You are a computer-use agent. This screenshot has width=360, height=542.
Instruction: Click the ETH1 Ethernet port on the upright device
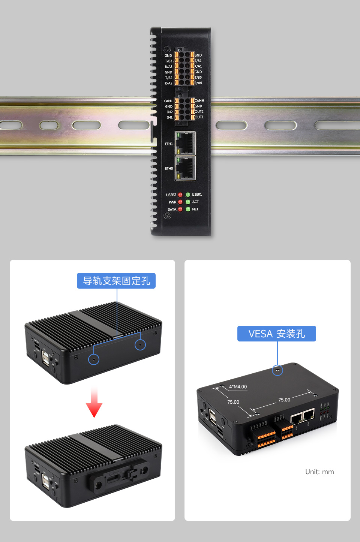185,143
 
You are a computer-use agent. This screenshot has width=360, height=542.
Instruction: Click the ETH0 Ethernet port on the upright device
185,168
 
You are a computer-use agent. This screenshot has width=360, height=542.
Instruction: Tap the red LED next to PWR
180,202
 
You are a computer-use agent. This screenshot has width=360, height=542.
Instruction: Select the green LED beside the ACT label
188,202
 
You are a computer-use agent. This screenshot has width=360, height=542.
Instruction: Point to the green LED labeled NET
188,209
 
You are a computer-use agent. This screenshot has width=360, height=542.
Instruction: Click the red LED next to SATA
180,209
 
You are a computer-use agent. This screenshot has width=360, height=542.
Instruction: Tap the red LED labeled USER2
180,195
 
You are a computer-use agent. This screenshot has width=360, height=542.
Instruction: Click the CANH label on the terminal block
199,100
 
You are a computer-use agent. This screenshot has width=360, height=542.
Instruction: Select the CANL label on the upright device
168,101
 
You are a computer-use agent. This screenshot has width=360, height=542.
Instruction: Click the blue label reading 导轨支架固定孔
116,281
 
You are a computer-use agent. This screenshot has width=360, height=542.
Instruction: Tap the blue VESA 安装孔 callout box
276,334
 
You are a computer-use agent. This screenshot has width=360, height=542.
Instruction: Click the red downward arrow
94,404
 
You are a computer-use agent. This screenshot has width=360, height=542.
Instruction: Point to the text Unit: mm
319,472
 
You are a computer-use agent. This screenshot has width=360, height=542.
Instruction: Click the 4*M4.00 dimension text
238,387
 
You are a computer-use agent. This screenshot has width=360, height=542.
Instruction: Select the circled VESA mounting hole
277,370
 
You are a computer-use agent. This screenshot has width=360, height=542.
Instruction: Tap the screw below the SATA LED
168,216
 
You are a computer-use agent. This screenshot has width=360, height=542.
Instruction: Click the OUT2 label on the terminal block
199,112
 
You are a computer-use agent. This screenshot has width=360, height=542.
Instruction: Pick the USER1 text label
197,195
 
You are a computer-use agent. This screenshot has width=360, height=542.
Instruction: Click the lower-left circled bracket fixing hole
94,359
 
